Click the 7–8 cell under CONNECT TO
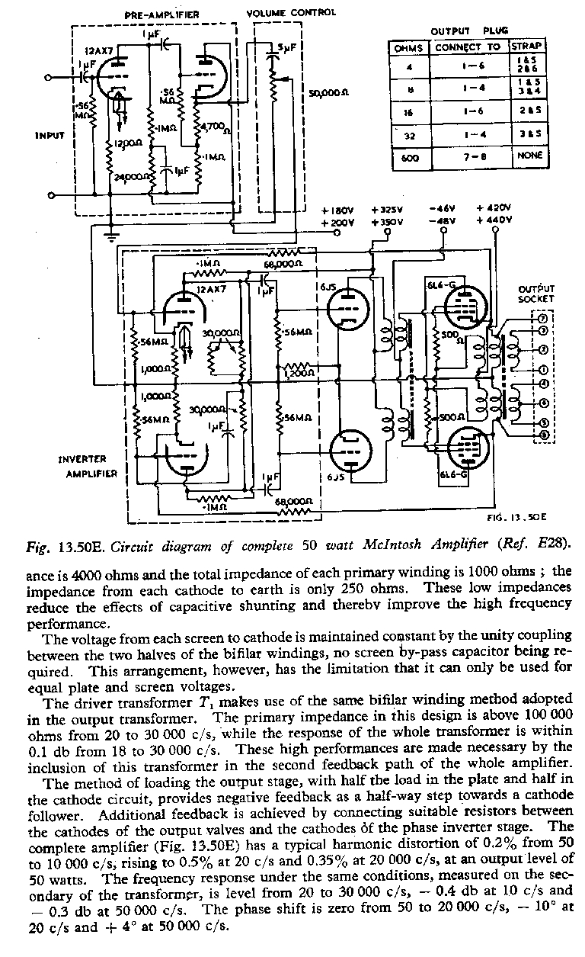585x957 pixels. tap(467, 156)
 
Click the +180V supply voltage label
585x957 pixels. tap(337, 210)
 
